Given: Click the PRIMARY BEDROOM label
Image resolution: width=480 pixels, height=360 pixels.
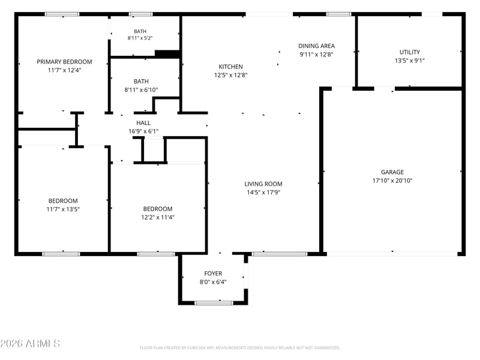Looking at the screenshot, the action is [x=64, y=62].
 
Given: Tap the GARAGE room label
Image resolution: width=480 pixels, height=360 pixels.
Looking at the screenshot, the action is [x=392, y=172].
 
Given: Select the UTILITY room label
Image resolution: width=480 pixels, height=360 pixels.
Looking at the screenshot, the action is [x=410, y=52].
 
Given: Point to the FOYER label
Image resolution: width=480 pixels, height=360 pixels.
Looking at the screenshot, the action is [x=213, y=274].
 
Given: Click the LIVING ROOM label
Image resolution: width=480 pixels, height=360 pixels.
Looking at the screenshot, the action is [x=263, y=184].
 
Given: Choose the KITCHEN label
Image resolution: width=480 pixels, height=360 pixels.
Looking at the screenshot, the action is [x=230, y=67].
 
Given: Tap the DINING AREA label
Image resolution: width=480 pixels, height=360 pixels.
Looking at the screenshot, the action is [x=317, y=46].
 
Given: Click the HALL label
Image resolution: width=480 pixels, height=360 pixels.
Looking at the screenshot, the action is [x=143, y=123].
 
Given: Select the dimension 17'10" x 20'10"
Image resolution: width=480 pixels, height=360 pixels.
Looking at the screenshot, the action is [x=392, y=181].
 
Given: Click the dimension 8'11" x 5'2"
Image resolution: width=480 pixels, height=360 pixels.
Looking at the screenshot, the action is [x=140, y=38].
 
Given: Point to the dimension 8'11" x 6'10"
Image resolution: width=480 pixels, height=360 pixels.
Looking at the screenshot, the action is [x=141, y=90].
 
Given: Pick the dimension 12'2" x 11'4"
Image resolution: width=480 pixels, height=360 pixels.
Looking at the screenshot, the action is [x=158, y=217].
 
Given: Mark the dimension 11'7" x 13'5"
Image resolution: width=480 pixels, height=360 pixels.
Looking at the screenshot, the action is [x=63, y=209].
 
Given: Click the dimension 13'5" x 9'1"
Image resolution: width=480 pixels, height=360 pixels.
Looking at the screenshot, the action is [x=410, y=61].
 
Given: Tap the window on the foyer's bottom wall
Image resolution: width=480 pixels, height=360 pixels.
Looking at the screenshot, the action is [x=214, y=303].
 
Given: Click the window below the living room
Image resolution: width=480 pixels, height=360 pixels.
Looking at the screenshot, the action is [x=279, y=254].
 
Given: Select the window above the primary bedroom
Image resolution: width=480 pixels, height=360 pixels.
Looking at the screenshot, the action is [x=62, y=14].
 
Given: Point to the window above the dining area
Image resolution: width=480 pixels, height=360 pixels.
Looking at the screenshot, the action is [x=338, y=14].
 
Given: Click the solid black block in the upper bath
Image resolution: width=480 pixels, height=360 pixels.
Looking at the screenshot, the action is [x=167, y=53].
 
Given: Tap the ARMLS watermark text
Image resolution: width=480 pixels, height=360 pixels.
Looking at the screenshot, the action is [x=30, y=343].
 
